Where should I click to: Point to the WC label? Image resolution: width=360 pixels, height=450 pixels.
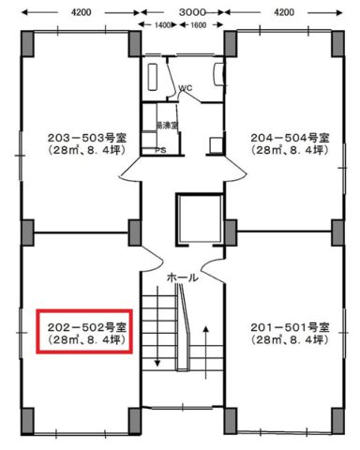click(186, 89)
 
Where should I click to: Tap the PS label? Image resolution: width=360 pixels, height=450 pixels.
click(160, 149)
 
